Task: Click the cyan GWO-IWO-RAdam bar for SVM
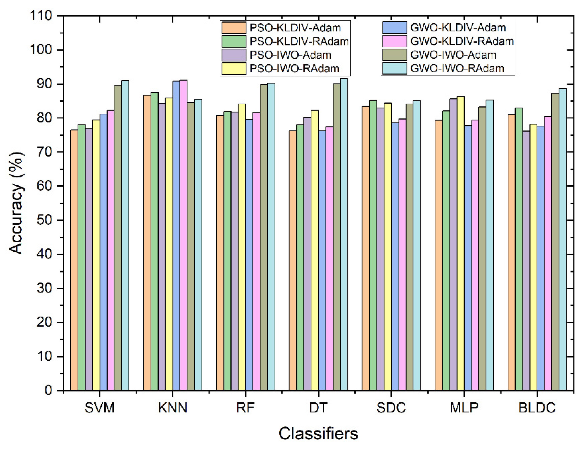point(125,236)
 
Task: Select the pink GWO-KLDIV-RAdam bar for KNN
point(183,236)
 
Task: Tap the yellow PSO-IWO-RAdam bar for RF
point(242,246)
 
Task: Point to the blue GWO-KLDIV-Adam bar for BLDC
point(541,257)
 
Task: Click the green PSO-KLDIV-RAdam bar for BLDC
point(519,249)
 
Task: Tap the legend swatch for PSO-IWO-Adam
point(234,55)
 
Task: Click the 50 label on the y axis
point(44,220)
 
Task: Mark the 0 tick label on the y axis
point(48,390)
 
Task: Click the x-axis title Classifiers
point(318,433)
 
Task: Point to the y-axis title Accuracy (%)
point(17,203)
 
